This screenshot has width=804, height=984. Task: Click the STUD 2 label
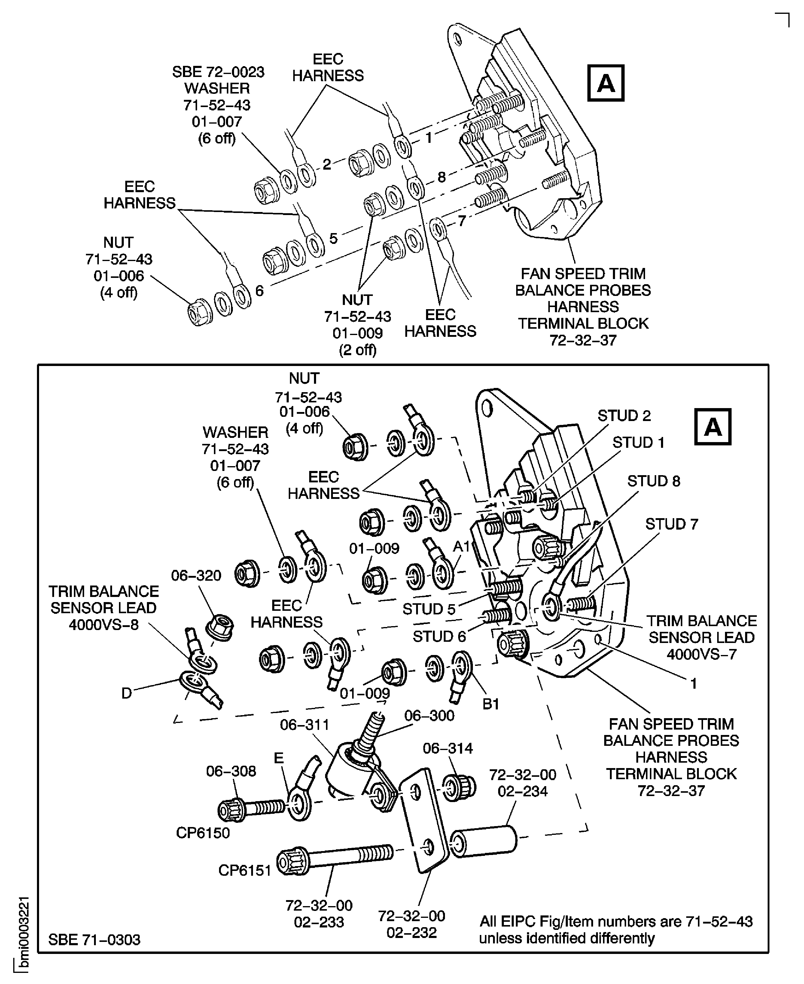(624, 416)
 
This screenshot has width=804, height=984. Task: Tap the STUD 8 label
(653, 481)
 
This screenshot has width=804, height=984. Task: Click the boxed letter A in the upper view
(606, 83)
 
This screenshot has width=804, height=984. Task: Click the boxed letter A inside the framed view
(712, 427)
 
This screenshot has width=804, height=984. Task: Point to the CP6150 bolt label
(203, 833)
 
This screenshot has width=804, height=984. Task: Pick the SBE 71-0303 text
(94, 940)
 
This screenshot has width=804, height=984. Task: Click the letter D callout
(126, 693)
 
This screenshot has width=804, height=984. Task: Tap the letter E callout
(278, 758)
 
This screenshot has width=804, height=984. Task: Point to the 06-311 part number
(304, 725)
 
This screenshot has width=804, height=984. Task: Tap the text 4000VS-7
(701, 654)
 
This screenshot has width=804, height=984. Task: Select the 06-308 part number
(231, 771)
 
